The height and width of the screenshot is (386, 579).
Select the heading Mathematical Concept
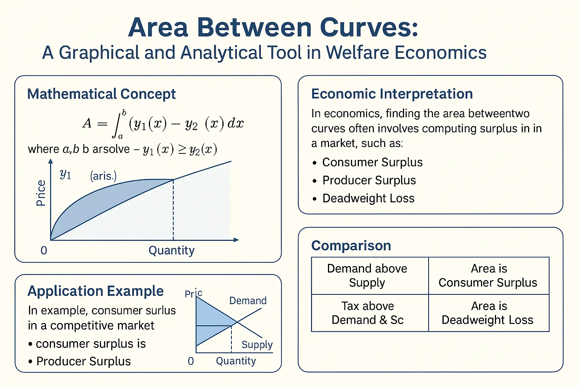101,94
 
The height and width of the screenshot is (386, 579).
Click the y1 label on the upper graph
65,174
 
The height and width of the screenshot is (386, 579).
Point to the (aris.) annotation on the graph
103,176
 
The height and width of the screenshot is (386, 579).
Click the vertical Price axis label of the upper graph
41,193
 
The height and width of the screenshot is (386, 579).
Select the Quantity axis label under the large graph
172,250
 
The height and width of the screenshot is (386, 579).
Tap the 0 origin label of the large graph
44,250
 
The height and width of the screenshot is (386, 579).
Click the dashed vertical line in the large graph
173,210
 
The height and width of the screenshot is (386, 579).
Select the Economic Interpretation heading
392,93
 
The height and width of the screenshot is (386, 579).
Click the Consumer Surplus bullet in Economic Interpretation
372,162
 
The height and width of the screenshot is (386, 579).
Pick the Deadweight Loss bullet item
368,198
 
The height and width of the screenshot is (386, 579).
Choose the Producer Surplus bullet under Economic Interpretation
369,180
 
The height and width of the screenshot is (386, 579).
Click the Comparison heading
351,245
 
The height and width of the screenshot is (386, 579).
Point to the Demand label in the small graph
248,301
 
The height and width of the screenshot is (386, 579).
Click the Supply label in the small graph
257,345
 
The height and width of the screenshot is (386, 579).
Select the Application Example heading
95,291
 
